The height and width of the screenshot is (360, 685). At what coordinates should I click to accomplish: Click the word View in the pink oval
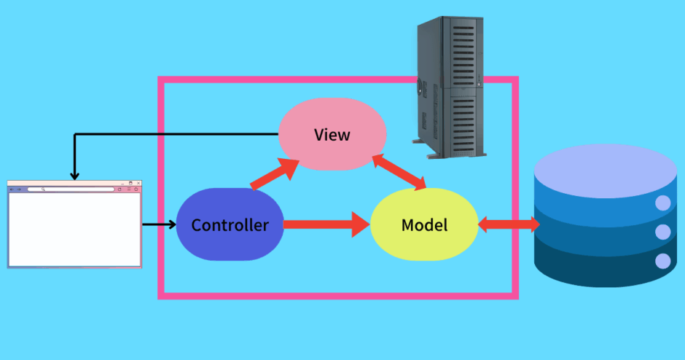coord(332,135)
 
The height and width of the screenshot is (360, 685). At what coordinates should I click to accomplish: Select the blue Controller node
coord(230,224)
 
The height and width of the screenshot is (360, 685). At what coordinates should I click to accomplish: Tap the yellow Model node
coord(424,224)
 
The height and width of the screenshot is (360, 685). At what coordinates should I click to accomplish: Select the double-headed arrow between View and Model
coord(399,172)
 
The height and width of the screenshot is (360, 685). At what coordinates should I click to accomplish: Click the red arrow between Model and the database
coord(508,225)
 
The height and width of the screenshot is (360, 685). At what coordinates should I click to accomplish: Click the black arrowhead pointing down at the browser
coord(74,175)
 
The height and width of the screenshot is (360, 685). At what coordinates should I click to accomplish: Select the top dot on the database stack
coord(662,203)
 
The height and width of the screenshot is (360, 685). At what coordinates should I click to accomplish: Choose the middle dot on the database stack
coord(662,232)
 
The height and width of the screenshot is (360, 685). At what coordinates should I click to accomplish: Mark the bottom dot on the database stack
coord(662,260)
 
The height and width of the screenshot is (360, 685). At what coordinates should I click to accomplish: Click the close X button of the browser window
coord(138,183)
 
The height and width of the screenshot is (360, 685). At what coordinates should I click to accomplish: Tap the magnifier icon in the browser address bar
coord(44,189)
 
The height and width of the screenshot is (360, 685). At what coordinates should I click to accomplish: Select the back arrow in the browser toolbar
coord(12,189)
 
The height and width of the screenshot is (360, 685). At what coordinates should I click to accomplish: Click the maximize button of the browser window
coord(130,183)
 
